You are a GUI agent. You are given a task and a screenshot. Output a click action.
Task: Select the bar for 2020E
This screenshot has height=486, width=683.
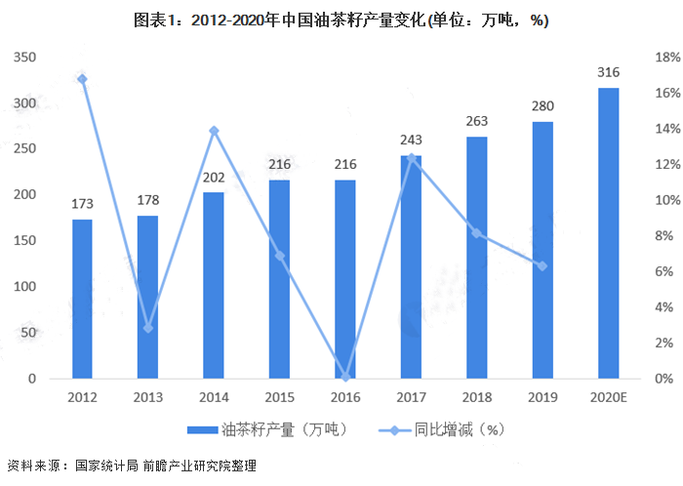(x=608, y=233)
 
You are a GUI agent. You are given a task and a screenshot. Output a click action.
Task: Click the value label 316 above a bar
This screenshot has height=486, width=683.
(x=608, y=73)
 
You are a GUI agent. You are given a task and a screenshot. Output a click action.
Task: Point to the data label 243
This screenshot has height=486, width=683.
(x=411, y=141)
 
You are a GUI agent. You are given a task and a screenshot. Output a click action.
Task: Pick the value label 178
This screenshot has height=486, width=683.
(x=148, y=200)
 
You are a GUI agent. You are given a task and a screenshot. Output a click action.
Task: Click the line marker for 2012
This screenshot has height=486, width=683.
(x=82, y=79)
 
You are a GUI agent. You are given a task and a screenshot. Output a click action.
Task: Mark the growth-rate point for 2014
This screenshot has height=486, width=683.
(x=214, y=131)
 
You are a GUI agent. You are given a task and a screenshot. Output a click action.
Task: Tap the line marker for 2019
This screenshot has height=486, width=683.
(x=542, y=265)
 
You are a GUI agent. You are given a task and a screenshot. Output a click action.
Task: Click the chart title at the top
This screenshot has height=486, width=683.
(x=341, y=20)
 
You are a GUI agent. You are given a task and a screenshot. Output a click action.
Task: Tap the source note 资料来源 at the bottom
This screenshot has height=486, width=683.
(x=131, y=466)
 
